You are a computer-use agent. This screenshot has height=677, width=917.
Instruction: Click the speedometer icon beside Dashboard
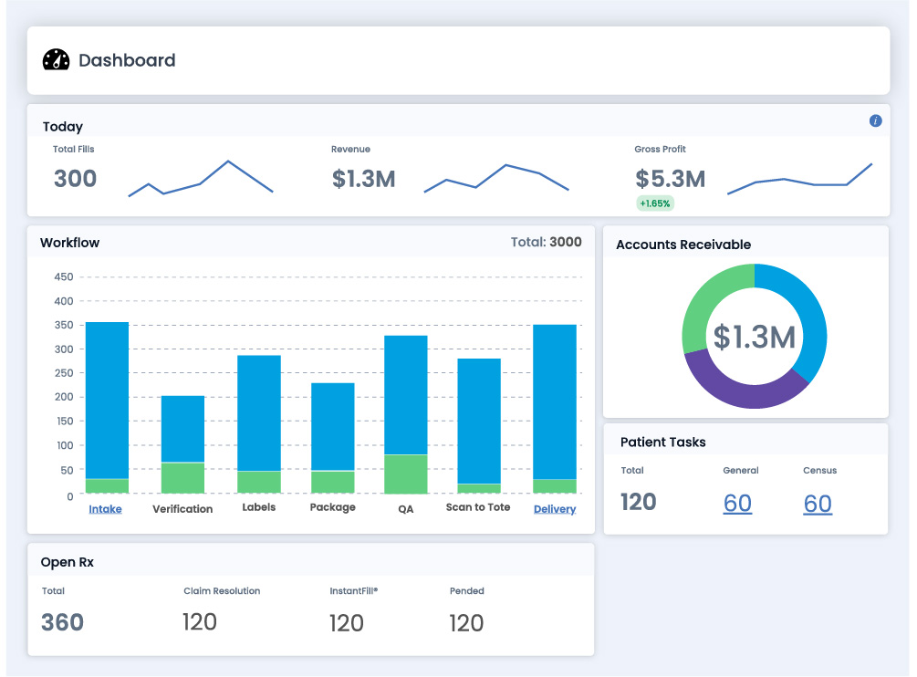tap(56, 60)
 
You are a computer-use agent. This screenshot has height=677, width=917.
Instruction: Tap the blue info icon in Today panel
tap(875, 120)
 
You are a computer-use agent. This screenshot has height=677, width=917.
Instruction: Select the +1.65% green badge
tap(655, 203)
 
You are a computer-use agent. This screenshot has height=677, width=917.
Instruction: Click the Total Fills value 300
tap(75, 179)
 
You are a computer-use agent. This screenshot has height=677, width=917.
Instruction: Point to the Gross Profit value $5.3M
tap(670, 179)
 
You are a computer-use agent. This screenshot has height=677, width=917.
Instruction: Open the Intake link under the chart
tap(105, 509)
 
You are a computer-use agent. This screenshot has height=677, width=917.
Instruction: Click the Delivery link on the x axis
tap(555, 509)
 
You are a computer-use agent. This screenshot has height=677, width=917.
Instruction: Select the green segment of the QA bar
tap(406, 474)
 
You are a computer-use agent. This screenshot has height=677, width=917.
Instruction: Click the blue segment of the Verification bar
tap(182, 429)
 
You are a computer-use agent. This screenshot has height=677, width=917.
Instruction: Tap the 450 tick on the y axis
tap(64, 276)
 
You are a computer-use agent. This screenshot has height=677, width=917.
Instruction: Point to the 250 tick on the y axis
tap(64, 373)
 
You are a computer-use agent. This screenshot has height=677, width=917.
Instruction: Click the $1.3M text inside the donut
tap(754, 337)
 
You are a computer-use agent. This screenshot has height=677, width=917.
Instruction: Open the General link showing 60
tap(737, 503)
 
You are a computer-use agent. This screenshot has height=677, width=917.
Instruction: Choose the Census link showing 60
tap(818, 503)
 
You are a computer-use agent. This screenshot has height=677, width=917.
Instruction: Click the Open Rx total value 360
tap(62, 622)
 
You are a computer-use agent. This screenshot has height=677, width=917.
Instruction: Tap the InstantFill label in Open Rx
tap(353, 591)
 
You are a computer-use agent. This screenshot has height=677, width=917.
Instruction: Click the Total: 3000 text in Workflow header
tap(546, 243)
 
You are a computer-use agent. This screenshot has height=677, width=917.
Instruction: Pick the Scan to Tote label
tap(478, 507)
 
